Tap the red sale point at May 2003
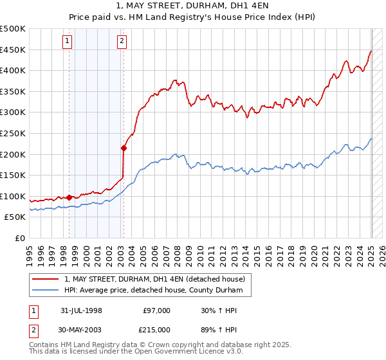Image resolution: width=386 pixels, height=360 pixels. [x=124, y=148]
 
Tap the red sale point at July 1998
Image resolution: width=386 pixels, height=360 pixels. [x=69, y=197]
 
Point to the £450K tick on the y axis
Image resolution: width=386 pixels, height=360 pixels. [x=13, y=50]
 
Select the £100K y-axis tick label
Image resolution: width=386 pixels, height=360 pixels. [x=13, y=196]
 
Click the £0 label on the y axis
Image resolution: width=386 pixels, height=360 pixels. [x=20, y=238]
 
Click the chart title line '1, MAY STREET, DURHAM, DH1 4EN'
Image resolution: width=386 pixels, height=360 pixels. [x=193, y=8]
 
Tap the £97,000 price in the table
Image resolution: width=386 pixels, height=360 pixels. [x=156, y=310]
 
